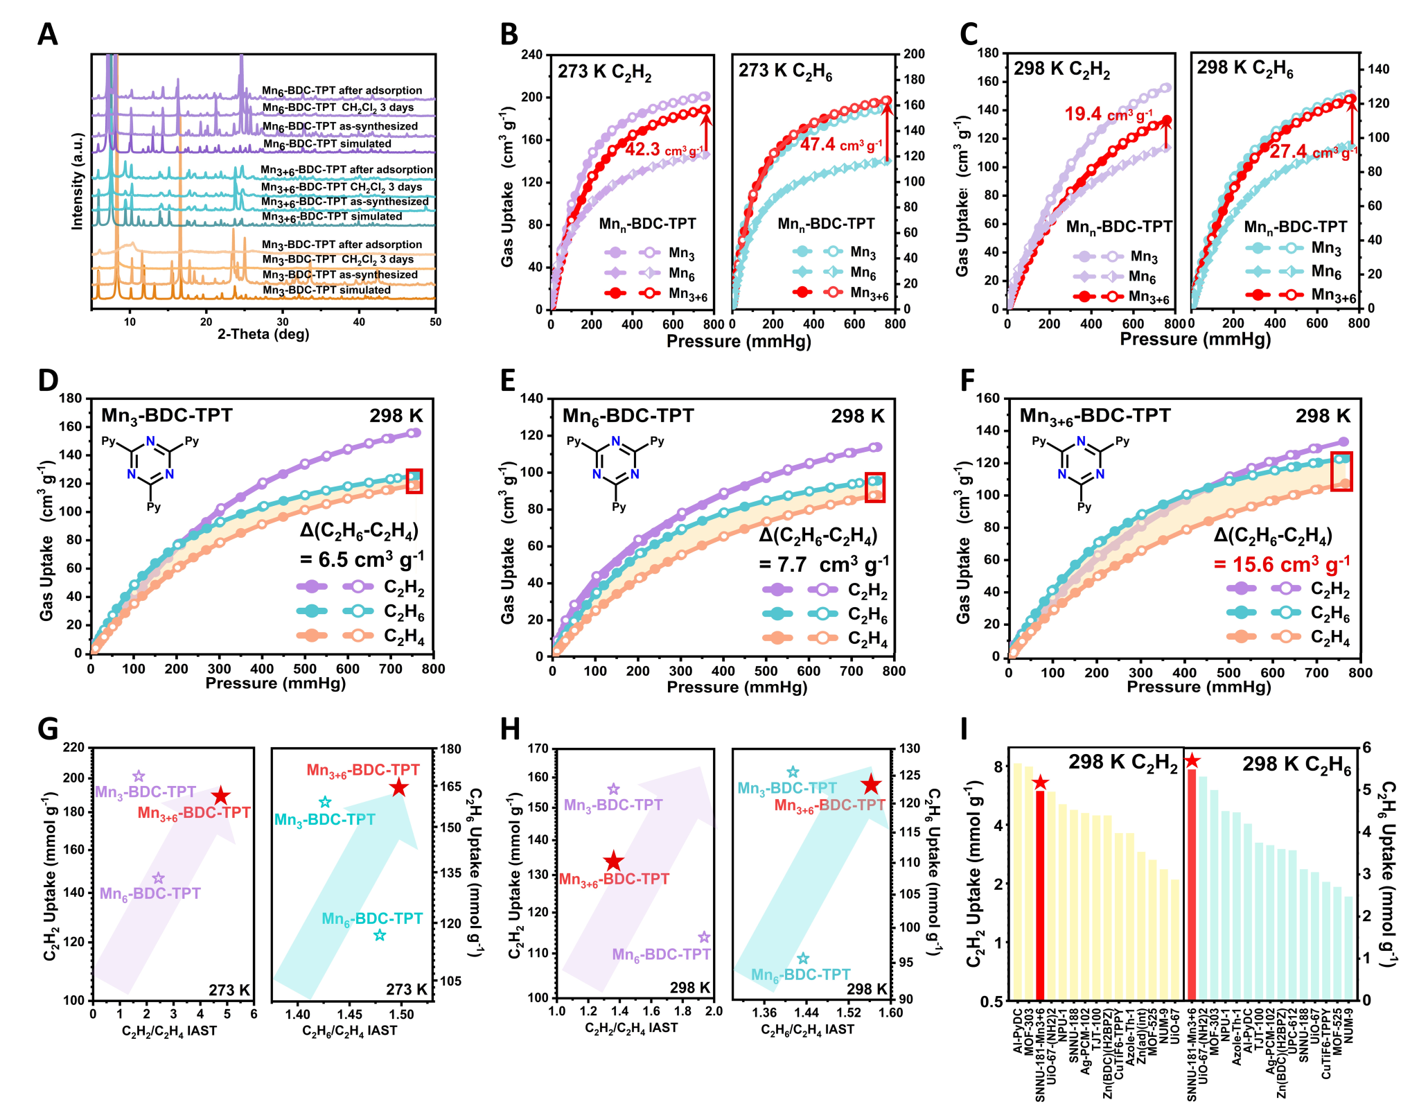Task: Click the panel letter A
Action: click(x=47, y=34)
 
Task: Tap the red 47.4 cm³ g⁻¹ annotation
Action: click(x=840, y=145)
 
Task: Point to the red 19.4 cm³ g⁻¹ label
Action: click(x=1108, y=114)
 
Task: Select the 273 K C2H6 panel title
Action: click(x=785, y=71)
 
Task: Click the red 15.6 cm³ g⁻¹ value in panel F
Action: click(x=1281, y=564)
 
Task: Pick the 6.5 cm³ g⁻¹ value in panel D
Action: click(x=362, y=559)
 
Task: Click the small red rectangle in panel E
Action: click(x=875, y=487)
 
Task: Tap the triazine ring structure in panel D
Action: click(x=150, y=459)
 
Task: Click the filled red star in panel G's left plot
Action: click(x=220, y=796)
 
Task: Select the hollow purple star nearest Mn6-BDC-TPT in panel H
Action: click(x=704, y=938)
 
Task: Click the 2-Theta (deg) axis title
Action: click(x=263, y=334)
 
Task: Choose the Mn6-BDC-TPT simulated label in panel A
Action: click(x=327, y=143)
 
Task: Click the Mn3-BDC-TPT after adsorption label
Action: click(x=342, y=245)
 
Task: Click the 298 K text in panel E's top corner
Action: click(x=857, y=416)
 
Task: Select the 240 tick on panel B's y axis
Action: click(x=532, y=55)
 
